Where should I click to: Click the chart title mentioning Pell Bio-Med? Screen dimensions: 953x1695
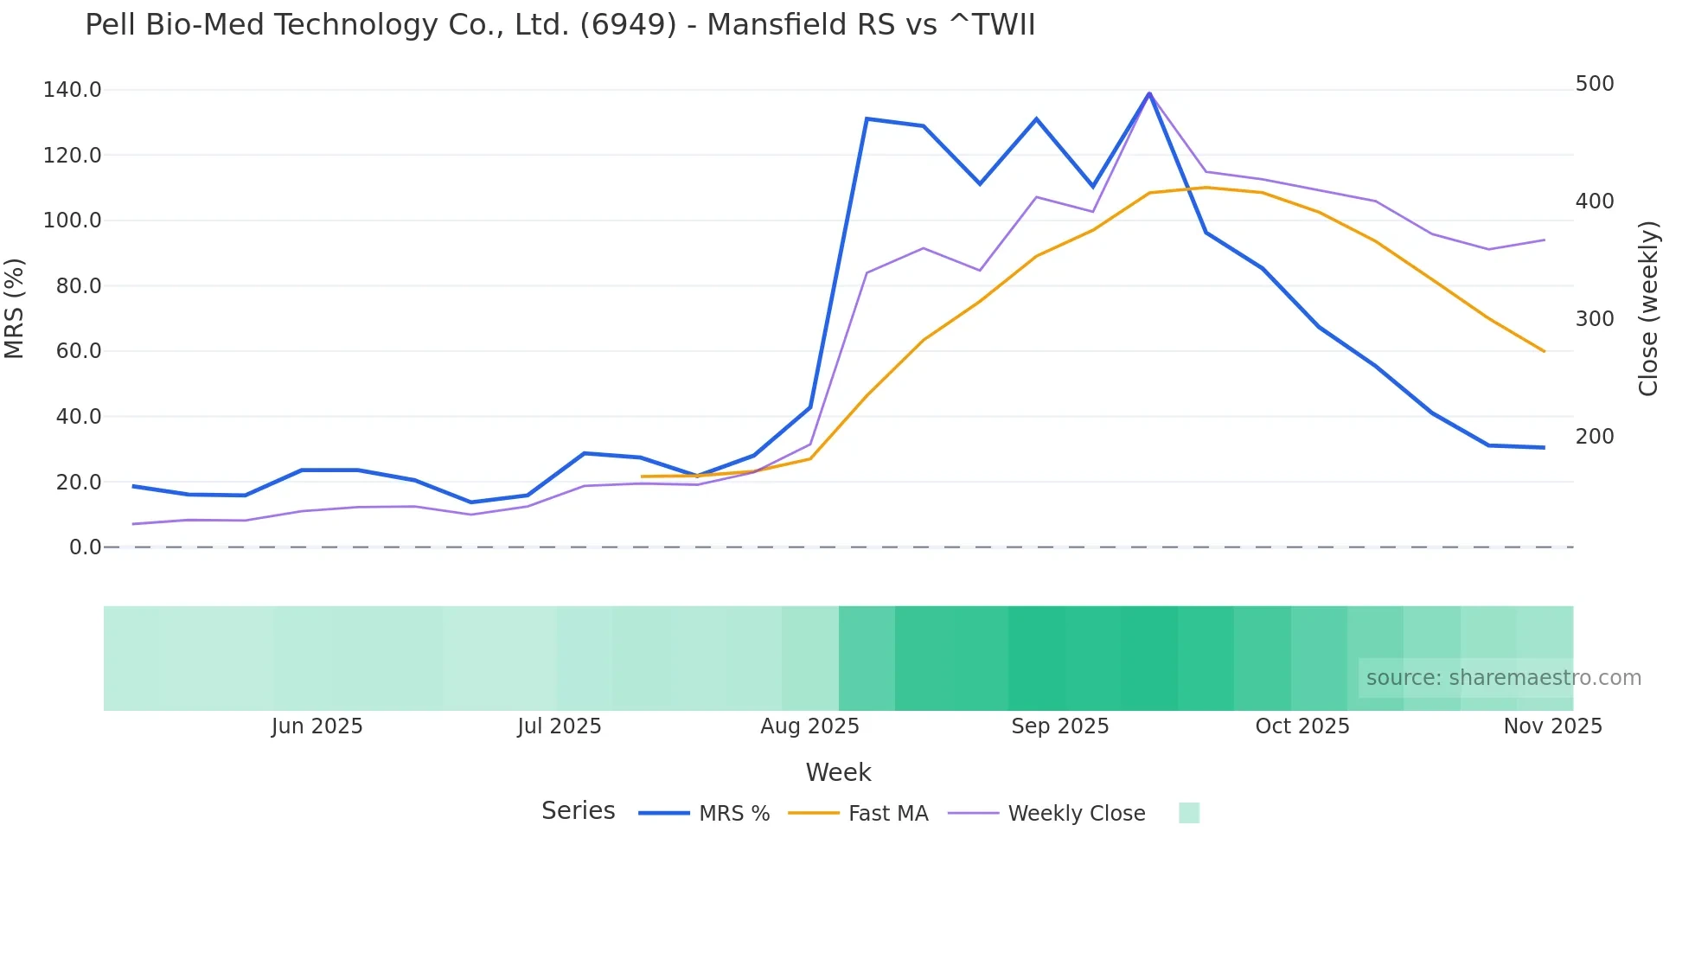(560, 25)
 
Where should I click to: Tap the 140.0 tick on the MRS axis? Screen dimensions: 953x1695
(72, 90)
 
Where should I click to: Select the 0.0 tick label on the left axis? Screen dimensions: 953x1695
(85, 547)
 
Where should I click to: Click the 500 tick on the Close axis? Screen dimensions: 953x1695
(1595, 84)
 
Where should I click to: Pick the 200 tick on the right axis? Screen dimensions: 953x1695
(1595, 437)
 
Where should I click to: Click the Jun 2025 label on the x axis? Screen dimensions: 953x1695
(317, 726)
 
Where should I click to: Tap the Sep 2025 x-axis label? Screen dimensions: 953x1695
(1059, 726)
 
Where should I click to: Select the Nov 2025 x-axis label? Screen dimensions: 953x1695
(1552, 726)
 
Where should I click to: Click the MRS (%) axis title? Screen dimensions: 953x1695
(15, 308)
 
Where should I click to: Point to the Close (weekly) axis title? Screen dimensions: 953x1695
(1648, 308)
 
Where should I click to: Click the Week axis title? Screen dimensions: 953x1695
(838, 772)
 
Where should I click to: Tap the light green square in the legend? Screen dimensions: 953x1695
(1189, 813)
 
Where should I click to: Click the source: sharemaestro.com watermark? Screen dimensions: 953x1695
(1503, 678)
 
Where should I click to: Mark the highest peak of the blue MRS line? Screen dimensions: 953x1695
(1149, 93)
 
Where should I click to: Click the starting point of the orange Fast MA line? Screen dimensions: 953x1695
(642, 476)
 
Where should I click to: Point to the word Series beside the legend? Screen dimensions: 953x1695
(578, 811)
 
